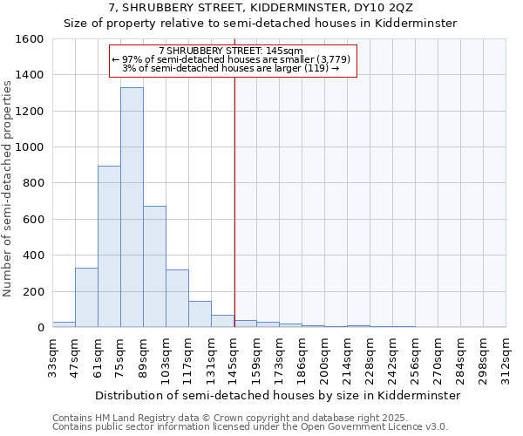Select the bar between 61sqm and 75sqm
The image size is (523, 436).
tap(109, 247)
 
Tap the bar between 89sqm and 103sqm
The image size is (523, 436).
tap(154, 267)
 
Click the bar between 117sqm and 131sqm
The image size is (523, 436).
tap(200, 314)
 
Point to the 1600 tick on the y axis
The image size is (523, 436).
tap(30, 39)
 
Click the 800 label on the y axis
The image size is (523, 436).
tap(33, 183)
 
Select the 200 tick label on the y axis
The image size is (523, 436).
tap(33, 291)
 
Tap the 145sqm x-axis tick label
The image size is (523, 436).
tap(234, 358)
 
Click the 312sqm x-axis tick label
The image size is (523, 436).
tap(506, 358)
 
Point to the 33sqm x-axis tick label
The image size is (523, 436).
tap(53, 358)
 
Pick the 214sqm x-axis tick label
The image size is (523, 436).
tap(348, 358)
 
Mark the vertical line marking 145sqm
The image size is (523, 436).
tap(234, 201)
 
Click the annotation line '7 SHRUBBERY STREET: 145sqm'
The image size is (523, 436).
tap(232, 51)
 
